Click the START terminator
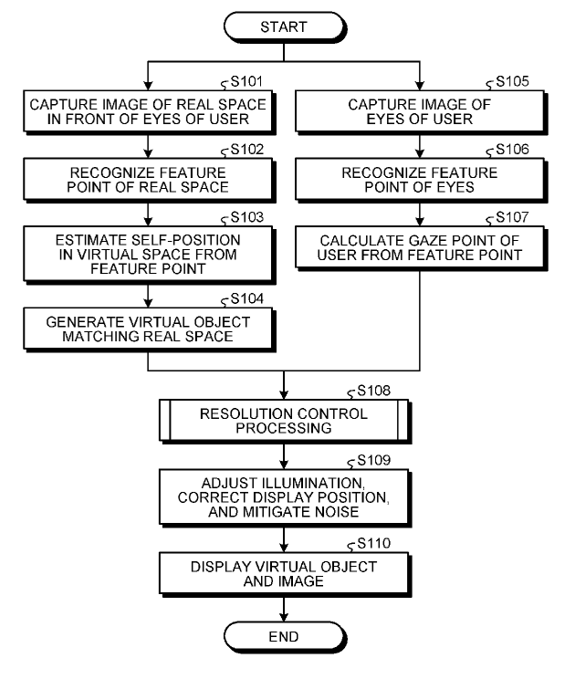(285, 27)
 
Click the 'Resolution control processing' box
(285, 421)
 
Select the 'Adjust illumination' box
(285, 497)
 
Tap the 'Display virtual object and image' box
(285, 573)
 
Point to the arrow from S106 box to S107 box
(420, 212)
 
